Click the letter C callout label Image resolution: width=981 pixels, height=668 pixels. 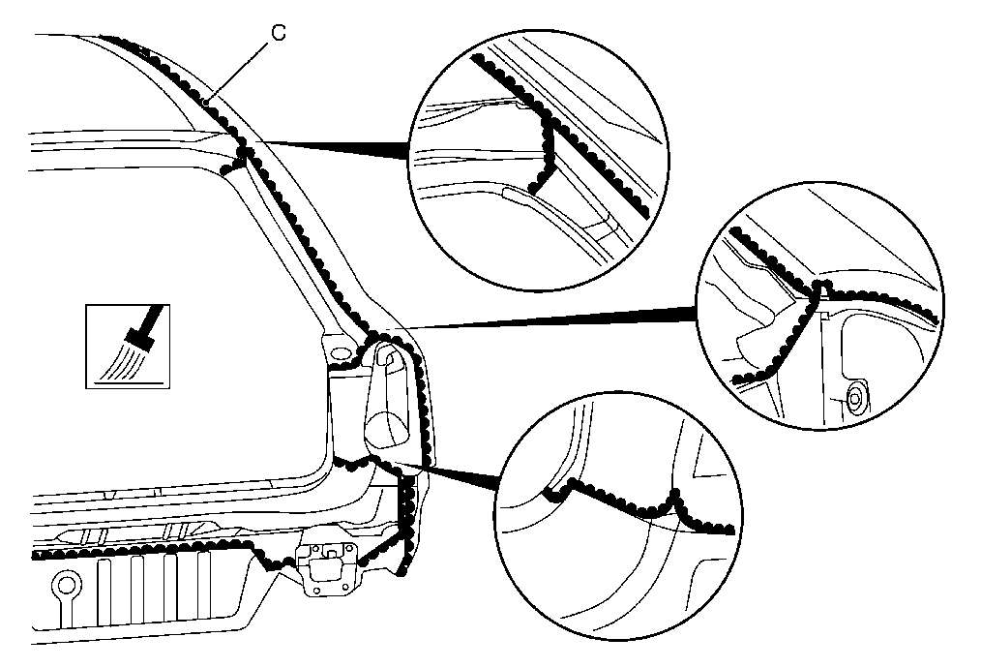(279, 33)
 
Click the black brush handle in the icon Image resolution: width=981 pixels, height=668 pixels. (152, 319)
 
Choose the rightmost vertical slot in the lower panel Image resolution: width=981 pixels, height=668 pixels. (204, 588)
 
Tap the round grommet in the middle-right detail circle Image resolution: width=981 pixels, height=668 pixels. (853, 397)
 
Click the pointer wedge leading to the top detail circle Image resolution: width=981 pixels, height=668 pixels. (337, 148)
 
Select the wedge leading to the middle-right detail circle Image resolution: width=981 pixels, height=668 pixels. (541, 319)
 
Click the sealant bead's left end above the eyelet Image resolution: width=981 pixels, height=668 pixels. (38, 555)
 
